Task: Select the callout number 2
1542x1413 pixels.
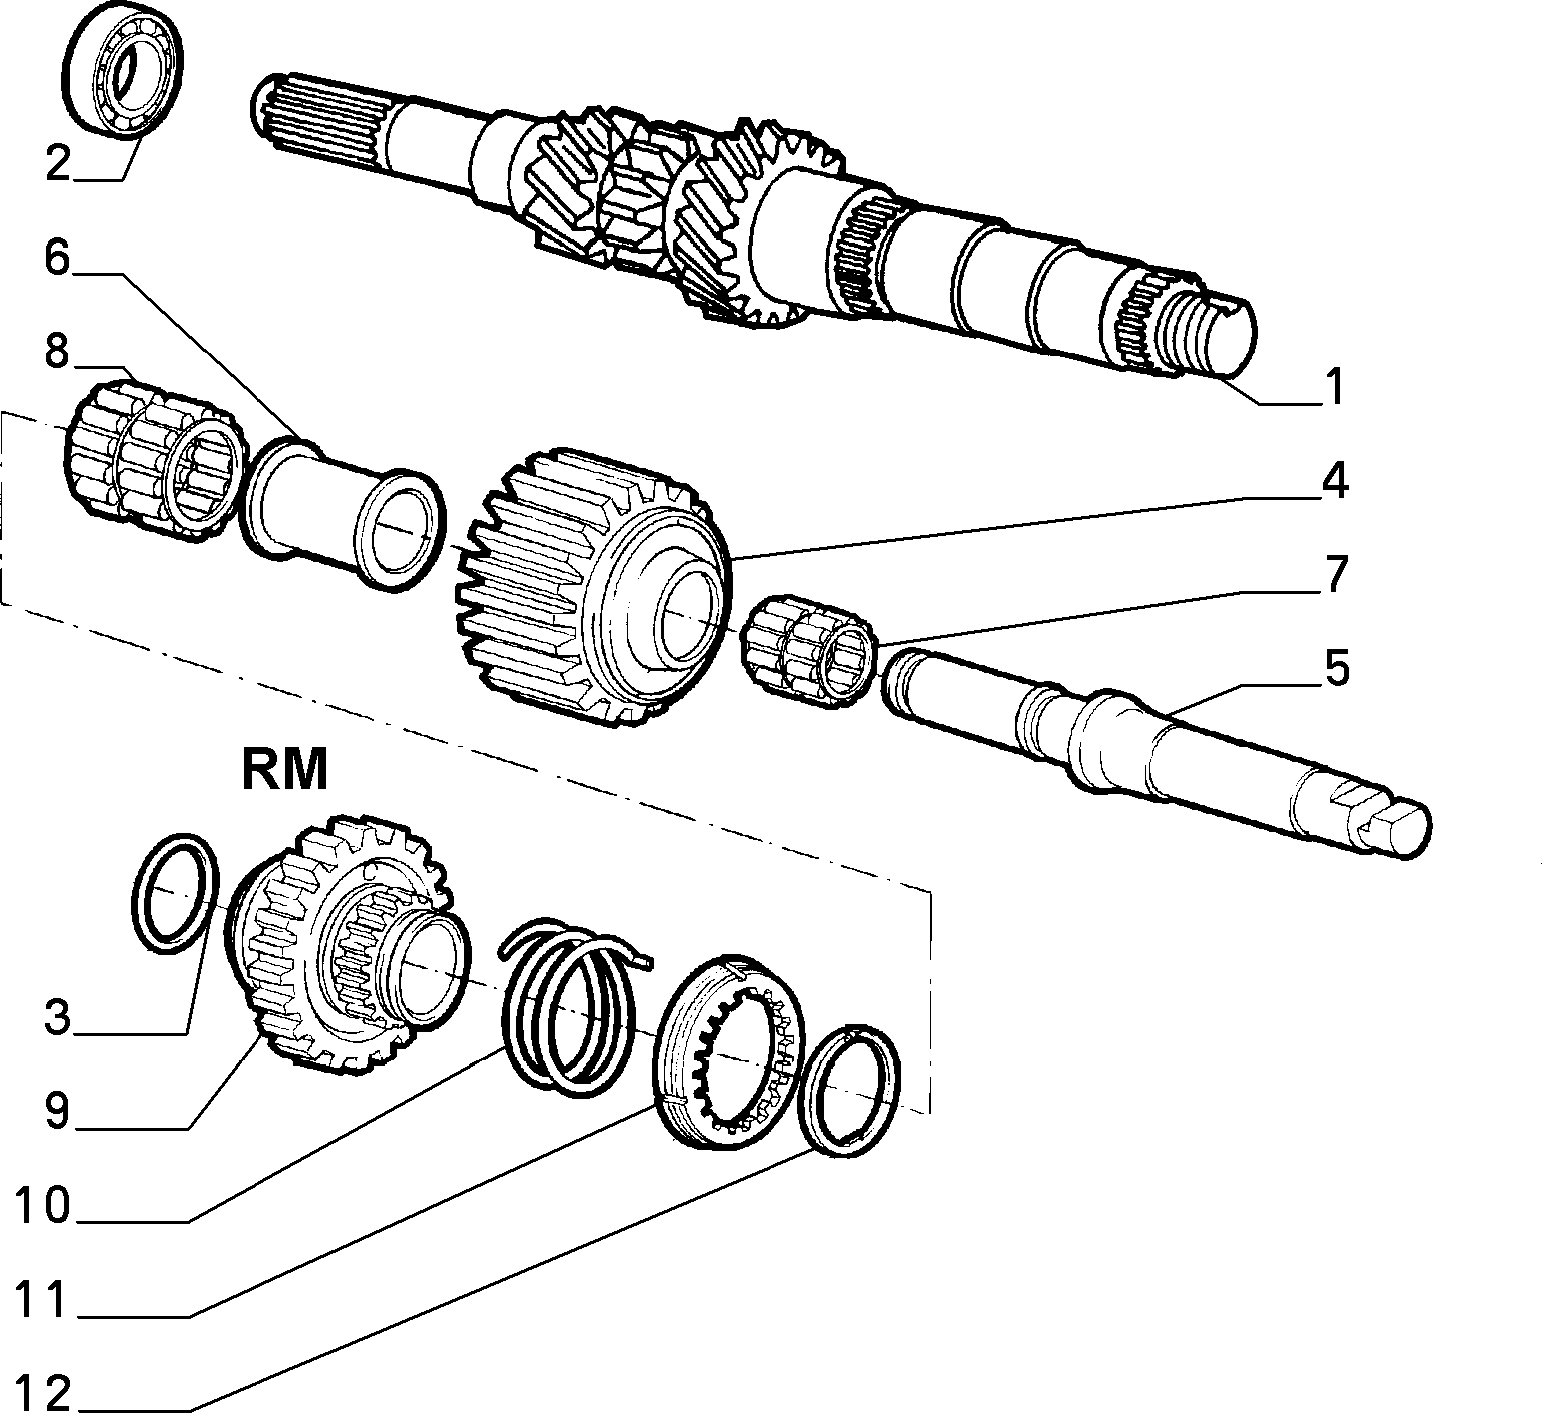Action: pos(59,163)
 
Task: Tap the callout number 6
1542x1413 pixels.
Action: pos(58,258)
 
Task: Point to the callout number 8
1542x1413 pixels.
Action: pos(57,352)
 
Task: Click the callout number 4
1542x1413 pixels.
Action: pos(1335,481)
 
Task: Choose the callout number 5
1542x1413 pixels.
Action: pos(1335,669)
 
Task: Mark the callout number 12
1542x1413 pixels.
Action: pos(43,1391)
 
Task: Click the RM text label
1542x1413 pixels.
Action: pos(284,770)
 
